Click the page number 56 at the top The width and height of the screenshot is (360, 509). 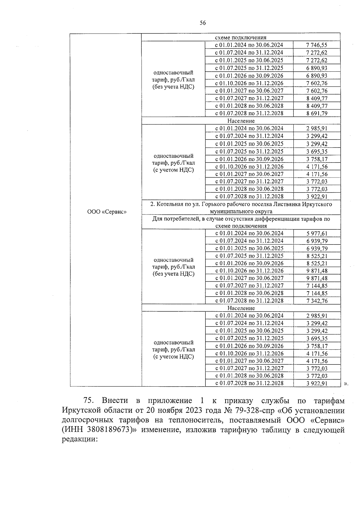pyautogui.click(x=202, y=23)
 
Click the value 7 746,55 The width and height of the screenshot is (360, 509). pyautogui.click(x=316, y=45)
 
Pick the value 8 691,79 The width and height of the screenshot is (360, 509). pyautogui.click(x=316, y=113)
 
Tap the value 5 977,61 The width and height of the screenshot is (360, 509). pyautogui.click(x=316, y=233)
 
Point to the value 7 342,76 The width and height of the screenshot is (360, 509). pyautogui.click(x=316, y=301)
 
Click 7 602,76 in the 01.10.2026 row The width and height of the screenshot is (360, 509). pyautogui.click(x=316, y=83)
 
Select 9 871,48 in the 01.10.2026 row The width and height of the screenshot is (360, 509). pyautogui.click(x=316, y=271)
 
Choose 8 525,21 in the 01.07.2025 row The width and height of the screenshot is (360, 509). pyautogui.click(x=316, y=256)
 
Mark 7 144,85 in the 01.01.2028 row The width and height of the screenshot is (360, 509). pyautogui.click(x=316, y=293)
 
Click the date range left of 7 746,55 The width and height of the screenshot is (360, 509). pyautogui.click(x=249, y=45)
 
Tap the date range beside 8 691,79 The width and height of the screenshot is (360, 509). pyautogui.click(x=249, y=113)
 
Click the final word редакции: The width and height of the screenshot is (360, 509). pyautogui.click(x=80, y=439)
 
